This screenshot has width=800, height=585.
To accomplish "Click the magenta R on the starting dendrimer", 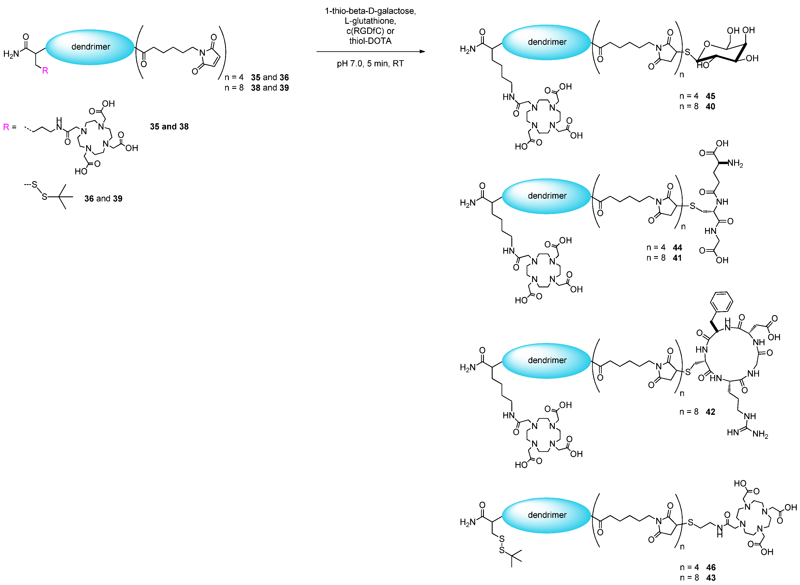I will point(45,70).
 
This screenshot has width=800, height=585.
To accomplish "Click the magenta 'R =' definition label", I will point(10,127).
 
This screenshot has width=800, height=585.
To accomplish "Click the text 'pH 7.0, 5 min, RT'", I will point(370,64).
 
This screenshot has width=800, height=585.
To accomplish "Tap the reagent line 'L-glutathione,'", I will point(370,21).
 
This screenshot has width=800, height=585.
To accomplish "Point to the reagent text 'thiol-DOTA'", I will point(370,41).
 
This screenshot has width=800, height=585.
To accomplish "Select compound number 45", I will point(710,96).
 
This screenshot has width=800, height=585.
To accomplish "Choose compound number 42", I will point(710,412).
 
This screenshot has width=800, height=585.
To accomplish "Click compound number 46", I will point(711,567).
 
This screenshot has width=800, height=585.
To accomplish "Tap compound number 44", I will point(677,247).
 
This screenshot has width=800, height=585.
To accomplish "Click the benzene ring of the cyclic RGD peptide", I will point(721,302).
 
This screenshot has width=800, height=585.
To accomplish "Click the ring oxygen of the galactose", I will point(707,44).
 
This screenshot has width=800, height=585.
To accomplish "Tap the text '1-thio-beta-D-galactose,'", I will point(370,11).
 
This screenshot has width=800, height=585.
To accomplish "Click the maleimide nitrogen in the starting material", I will point(202,52).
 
